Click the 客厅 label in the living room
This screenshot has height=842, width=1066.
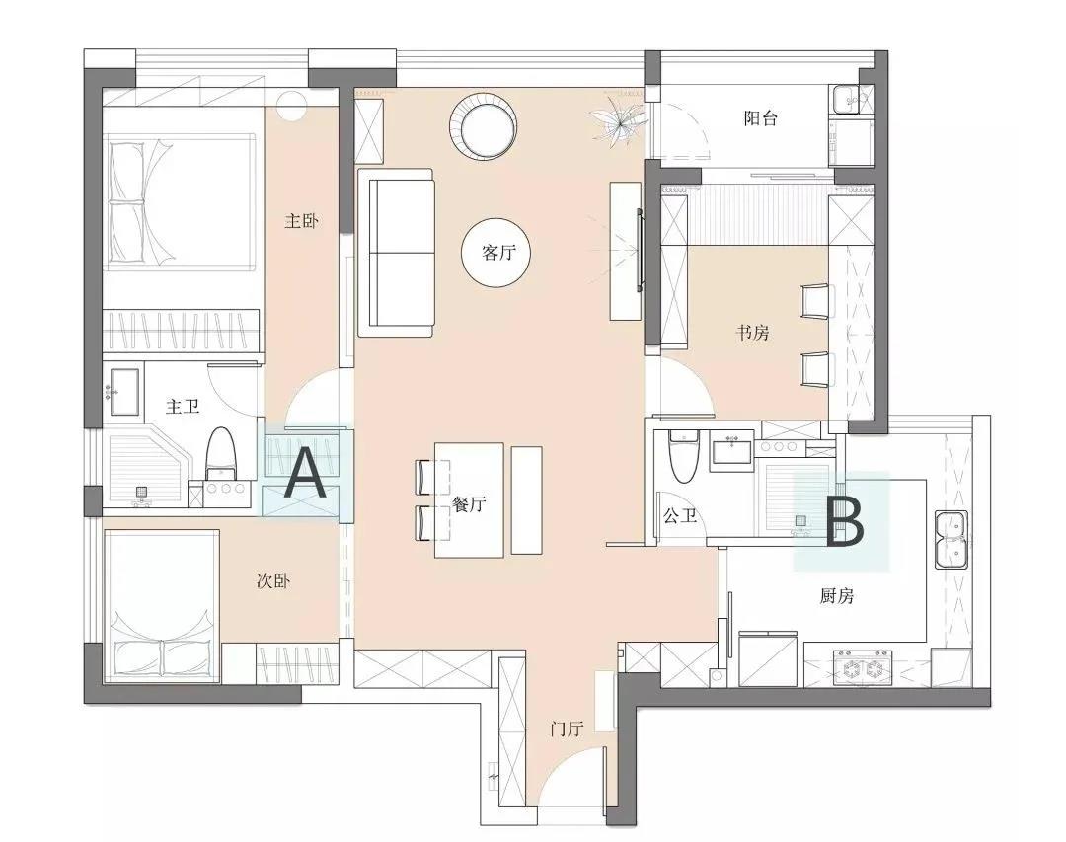point(498,253)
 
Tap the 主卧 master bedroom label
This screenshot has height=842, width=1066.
point(301,221)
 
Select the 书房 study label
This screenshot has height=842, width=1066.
point(752,333)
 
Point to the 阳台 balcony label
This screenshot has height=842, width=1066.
point(760,118)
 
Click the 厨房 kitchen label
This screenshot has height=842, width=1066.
point(836,596)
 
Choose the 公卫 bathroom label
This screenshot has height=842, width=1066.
point(680,515)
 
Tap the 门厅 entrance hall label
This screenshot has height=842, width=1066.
point(567,729)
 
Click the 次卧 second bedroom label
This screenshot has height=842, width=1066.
point(273,580)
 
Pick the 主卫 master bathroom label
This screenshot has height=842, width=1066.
point(183,406)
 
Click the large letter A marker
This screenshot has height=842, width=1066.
point(306,473)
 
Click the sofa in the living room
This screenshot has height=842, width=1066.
point(396,253)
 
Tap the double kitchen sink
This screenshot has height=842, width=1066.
point(952,539)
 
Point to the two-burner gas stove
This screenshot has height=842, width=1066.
point(862,668)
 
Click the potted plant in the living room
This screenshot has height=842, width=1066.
point(618,120)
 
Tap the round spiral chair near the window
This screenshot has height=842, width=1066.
point(483,126)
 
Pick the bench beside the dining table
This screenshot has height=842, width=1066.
point(526,499)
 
